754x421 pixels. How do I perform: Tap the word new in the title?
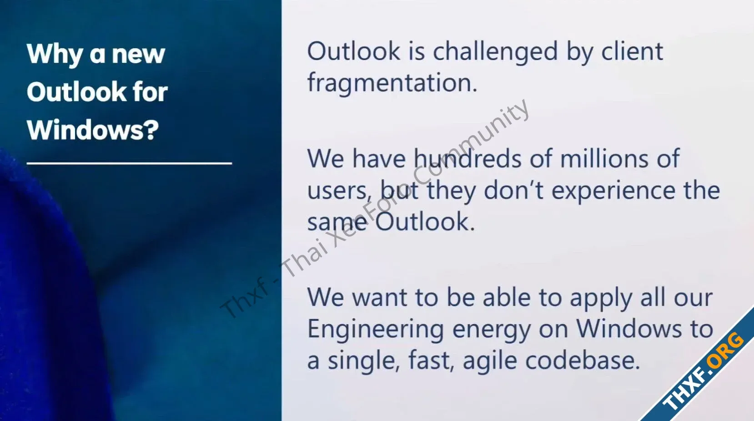138,55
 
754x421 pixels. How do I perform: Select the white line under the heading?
129,163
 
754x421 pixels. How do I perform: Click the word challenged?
495,53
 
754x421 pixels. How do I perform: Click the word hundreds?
467,158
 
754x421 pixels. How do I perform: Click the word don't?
513,190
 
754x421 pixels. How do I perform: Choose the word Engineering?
375,330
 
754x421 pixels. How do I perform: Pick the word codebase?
583,360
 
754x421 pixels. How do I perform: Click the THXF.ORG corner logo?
703,371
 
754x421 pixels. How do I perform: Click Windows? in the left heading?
93,130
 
